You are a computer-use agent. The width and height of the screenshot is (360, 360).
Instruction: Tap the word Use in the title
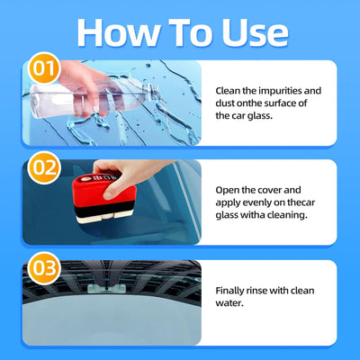point(255,32)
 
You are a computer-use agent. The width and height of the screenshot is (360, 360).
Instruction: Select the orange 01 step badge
point(44,68)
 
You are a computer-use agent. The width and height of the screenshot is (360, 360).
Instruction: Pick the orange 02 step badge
point(44,167)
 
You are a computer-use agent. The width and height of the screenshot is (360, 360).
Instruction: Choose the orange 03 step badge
point(44,268)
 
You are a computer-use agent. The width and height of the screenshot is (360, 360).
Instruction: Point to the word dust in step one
point(225,103)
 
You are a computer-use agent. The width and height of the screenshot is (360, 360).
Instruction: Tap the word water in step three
point(229,303)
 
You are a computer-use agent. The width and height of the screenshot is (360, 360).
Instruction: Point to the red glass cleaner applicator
point(104,198)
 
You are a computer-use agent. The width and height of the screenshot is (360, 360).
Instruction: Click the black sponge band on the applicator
point(104,209)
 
